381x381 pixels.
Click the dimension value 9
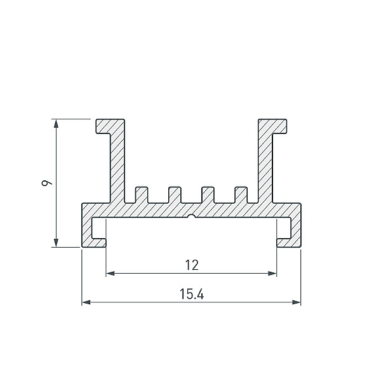46,183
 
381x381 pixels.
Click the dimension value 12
192,265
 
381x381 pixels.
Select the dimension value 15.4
192,294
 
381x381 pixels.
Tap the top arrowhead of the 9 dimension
56,123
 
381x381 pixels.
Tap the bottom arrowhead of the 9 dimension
56,243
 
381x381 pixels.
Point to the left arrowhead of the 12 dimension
110,273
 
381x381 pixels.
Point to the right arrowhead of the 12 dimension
272,273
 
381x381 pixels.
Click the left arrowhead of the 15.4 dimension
86,302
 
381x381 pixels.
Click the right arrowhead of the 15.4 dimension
296,302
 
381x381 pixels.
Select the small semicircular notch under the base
192,216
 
